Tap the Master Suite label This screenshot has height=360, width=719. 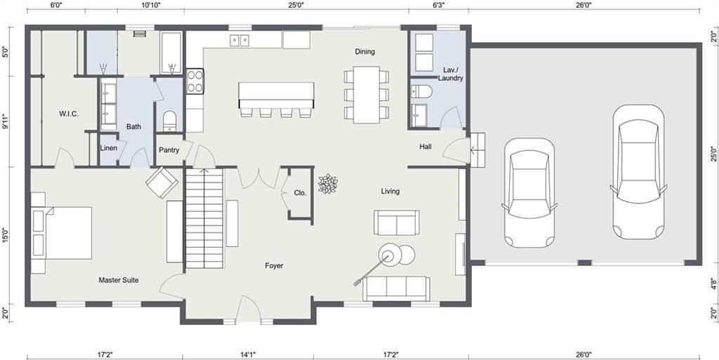pos(118,280)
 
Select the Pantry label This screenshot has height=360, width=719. pos(169,150)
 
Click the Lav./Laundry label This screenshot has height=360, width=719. pos(450,74)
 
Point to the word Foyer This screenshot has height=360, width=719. pos(274,265)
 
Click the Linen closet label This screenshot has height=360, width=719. pos(108,148)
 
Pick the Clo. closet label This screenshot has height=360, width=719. pos(300,192)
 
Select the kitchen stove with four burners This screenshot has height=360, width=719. pos(194,81)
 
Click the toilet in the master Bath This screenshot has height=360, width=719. pos(169,121)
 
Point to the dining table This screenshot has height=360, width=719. pos(366,94)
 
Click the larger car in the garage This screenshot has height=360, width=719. pos(638,172)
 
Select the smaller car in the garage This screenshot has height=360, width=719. pos(529,192)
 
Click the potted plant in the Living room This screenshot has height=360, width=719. pos(327,184)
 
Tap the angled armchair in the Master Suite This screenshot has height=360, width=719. pos(161,182)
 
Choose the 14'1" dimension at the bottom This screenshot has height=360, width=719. pos(246,354)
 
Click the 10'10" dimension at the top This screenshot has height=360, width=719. pos(151,5)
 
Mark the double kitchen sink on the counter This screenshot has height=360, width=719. pos(240,41)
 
